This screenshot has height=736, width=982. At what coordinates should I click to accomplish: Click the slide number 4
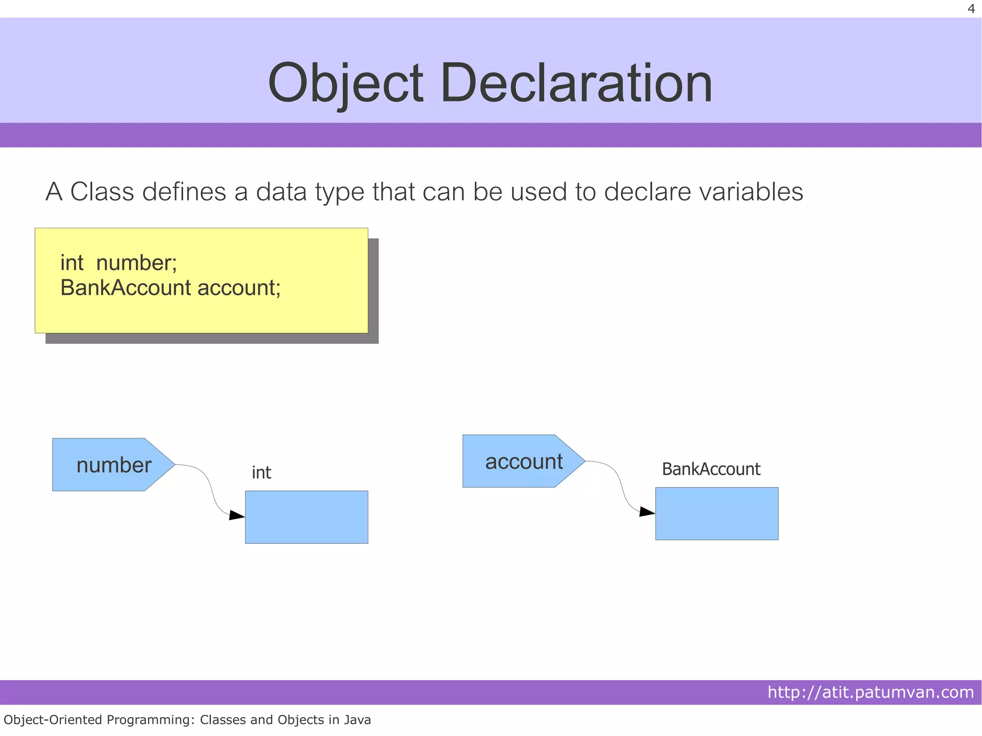point(971,9)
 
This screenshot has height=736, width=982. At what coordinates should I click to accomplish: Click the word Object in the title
point(346,83)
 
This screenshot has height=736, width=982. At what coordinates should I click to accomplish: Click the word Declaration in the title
point(576,83)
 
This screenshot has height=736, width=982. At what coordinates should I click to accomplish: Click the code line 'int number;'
point(118,263)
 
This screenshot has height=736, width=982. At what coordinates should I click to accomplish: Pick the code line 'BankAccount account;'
point(170,288)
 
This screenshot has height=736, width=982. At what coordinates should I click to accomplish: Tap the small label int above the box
point(261,473)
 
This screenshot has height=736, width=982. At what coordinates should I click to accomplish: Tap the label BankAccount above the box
point(711,469)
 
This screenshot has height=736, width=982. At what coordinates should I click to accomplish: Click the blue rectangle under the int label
point(306,517)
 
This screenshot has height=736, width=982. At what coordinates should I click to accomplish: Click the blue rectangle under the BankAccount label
point(716,514)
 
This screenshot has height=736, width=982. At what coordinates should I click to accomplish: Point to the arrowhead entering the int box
point(237,515)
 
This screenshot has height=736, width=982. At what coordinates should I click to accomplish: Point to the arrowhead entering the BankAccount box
point(647,512)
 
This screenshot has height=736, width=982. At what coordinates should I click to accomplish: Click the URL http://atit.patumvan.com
point(870,692)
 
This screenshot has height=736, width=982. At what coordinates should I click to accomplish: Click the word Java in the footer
point(356,720)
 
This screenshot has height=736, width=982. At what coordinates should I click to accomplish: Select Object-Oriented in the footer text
point(53,720)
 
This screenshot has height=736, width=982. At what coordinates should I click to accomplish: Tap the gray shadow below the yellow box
point(211,339)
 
